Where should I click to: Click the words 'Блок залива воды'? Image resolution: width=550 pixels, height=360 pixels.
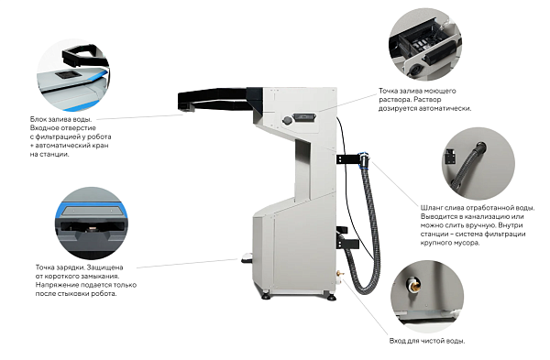click(x=60, y=119)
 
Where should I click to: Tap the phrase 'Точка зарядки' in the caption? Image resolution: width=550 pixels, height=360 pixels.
click(x=60, y=267)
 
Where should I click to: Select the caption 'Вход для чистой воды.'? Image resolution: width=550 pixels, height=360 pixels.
click(x=427, y=341)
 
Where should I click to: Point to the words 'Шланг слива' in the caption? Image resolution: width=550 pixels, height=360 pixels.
click(x=443, y=208)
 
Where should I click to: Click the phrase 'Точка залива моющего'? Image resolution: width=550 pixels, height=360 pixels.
click(x=417, y=91)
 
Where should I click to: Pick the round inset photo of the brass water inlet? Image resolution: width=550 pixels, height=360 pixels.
click(x=427, y=297)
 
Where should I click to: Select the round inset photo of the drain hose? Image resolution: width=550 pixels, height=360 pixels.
click(x=478, y=164)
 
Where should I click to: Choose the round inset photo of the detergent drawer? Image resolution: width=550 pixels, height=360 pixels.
click(x=425, y=45)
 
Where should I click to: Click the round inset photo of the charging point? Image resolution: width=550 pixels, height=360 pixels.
click(x=91, y=224)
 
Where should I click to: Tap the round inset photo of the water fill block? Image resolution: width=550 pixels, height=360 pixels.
click(x=73, y=75)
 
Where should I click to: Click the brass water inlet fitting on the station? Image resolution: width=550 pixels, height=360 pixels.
click(x=339, y=273)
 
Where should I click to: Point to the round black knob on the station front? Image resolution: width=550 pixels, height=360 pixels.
click(x=287, y=120)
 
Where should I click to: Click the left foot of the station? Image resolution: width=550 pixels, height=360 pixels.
click(x=266, y=296)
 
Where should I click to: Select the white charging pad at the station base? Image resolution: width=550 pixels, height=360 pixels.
click(x=247, y=257)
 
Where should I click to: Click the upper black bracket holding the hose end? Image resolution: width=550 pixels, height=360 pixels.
click(x=347, y=158)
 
